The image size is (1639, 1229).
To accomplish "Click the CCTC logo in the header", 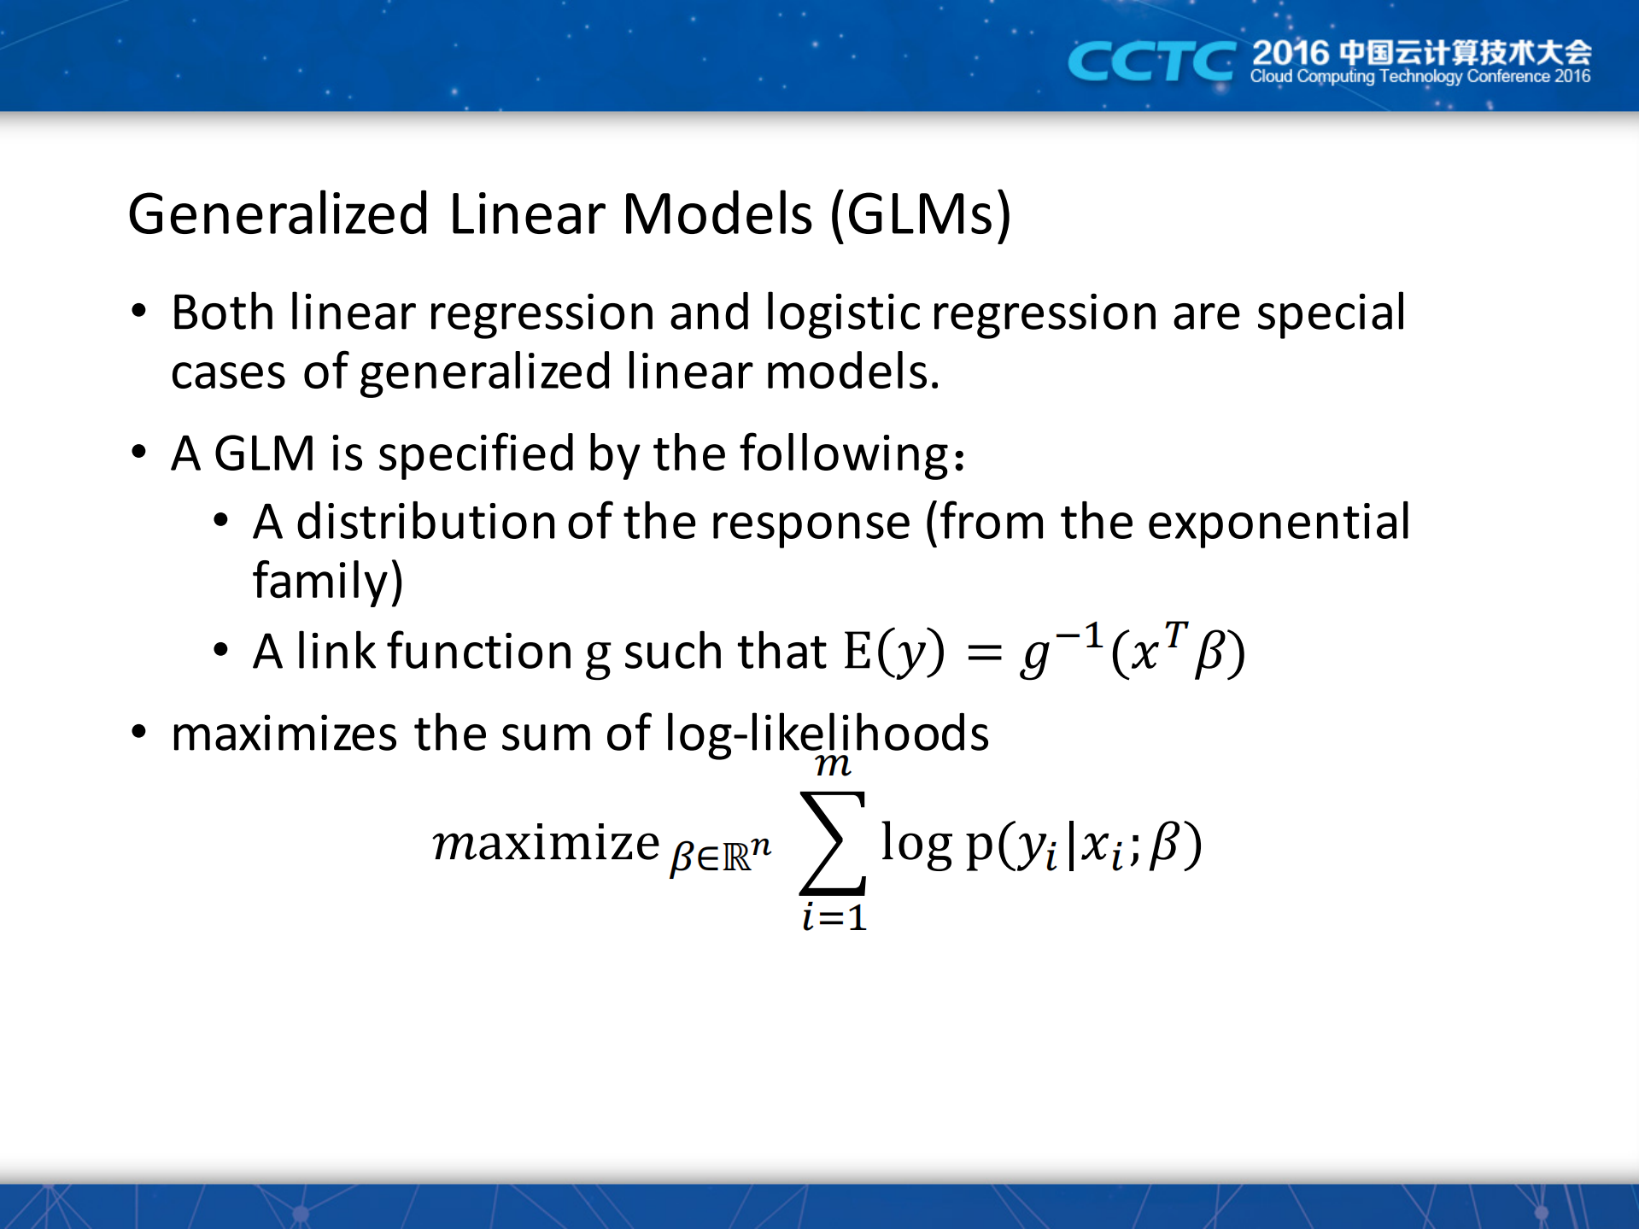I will (x=1150, y=61).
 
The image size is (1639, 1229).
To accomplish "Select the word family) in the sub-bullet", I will (x=328, y=582).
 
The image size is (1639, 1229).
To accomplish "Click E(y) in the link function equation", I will (x=894, y=652).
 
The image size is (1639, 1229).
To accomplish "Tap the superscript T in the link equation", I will (x=1176, y=634).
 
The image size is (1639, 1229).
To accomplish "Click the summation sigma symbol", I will (x=833, y=842).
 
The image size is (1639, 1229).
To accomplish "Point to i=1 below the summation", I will (x=834, y=918).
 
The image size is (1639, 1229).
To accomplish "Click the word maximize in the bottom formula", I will (x=546, y=844).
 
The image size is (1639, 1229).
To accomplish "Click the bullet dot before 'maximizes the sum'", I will (x=139, y=733).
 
